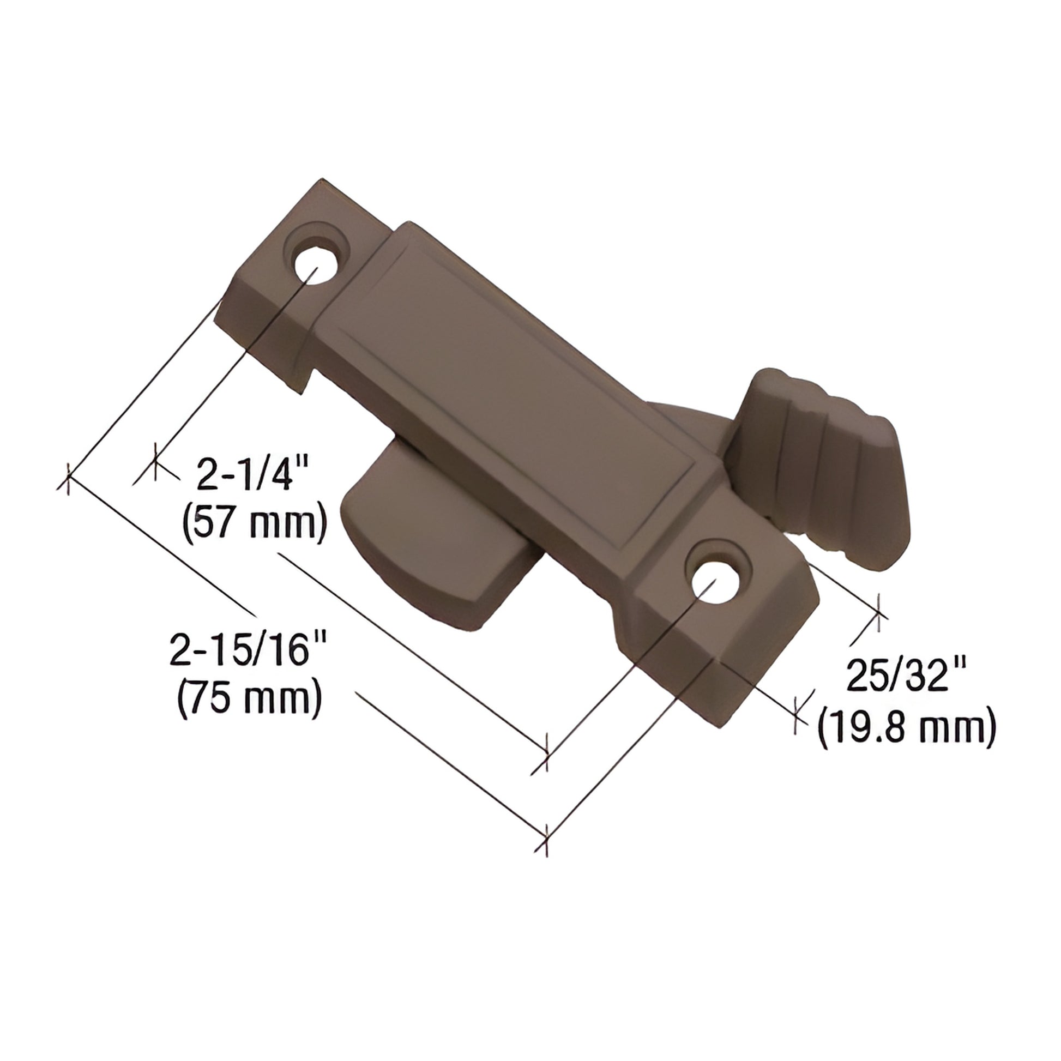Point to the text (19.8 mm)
click(907, 728)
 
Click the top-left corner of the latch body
click(323, 182)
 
